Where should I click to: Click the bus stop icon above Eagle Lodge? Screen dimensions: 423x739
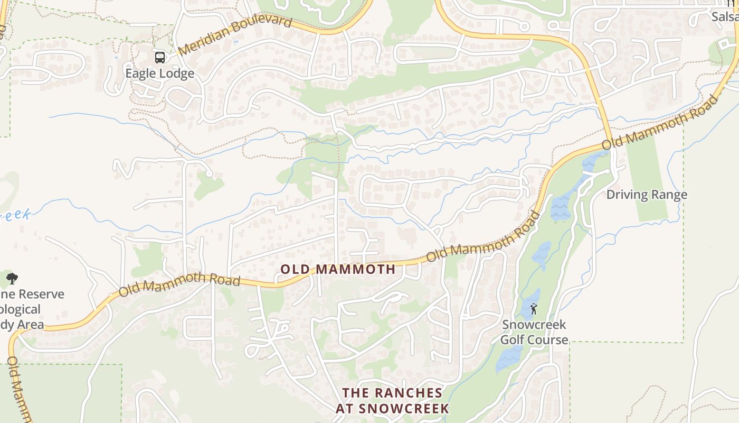159,57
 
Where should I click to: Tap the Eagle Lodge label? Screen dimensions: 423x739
159,73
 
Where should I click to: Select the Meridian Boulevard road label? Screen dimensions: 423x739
234,35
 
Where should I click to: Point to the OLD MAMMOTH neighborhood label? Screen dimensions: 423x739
338,269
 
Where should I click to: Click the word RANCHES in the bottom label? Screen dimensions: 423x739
408,393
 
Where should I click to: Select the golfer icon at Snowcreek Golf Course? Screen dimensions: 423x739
534,308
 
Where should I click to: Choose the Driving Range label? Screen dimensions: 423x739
647,195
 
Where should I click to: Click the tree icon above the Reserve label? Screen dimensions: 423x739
12,278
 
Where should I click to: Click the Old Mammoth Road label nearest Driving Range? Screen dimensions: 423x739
660,122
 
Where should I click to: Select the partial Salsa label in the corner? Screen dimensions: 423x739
724,17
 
